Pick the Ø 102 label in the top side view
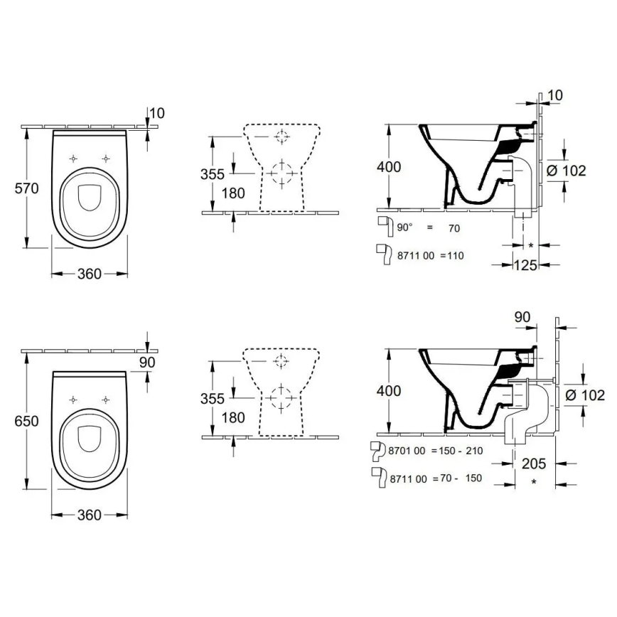click(568, 171)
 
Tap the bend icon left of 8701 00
click(379, 451)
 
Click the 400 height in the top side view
click(389, 167)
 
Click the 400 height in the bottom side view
click(389, 391)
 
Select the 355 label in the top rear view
click(212, 174)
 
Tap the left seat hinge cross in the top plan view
click(74, 158)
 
